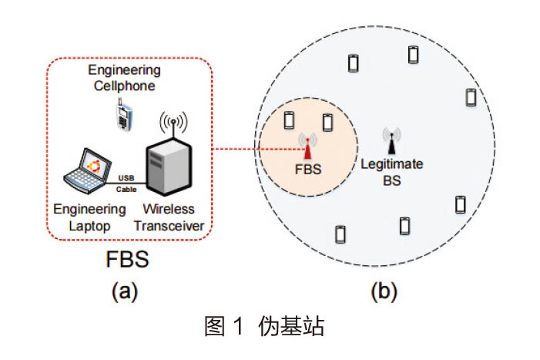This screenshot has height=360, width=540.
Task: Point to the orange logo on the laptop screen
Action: pos(93,164)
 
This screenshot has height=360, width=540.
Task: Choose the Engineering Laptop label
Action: pos(89,216)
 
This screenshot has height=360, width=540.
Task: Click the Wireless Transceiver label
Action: pos(169,216)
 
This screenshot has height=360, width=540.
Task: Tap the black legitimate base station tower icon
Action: pos(391,140)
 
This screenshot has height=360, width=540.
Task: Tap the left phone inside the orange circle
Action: pos(289,120)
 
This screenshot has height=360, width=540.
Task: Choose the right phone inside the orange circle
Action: pos(327,121)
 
